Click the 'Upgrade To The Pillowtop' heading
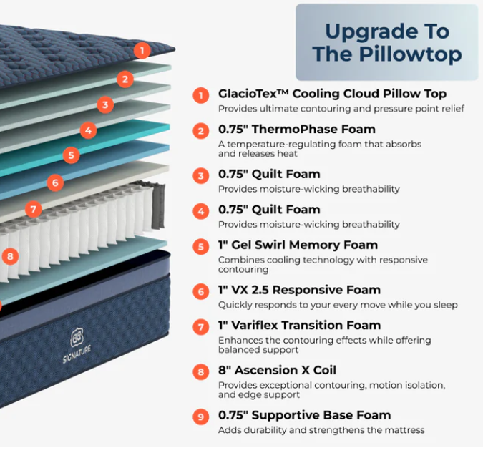pyautogui.click(x=386, y=42)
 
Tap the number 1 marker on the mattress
pyautogui.click(x=142, y=50)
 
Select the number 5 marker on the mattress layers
pyautogui.click(x=70, y=155)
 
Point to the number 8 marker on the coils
pyautogui.click(x=9, y=255)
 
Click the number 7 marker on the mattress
pyautogui.click(x=33, y=209)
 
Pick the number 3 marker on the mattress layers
pyautogui.click(x=106, y=105)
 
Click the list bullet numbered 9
pyautogui.click(x=202, y=416)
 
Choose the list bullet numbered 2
pyautogui.click(x=202, y=130)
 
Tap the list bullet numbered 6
pyautogui.click(x=202, y=291)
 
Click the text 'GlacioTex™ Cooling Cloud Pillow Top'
pyautogui.click(x=332, y=94)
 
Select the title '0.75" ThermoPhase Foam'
pyautogui.click(x=296, y=130)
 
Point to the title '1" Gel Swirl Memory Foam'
pyautogui.click(x=298, y=245)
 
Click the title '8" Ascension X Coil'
pyautogui.click(x=277, y=370)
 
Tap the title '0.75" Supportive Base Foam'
pyautogui.click(x=304, y=415)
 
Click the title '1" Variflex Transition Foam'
pyautogui.click(x=299, y=325)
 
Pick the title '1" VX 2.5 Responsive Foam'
pyautogui.click(x=299, y=290)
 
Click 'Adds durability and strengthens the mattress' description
pyautogui.click(x=321, y=430)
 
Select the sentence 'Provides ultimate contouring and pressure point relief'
pyautogui.click(x=341, y=109)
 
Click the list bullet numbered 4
pyautogui.click(x=202, y=210)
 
